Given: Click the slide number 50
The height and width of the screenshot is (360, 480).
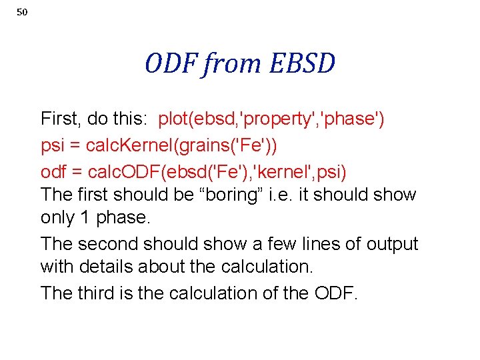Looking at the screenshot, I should (x=22, y=13).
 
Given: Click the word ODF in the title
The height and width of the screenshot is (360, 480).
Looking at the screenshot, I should (x=171, y=64).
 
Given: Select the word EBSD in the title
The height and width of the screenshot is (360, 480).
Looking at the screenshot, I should (x=303, y=64).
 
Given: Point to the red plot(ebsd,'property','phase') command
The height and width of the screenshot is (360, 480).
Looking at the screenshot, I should (x=271, y=119).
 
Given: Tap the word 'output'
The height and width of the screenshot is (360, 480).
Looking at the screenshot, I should (x=391, y=244).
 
